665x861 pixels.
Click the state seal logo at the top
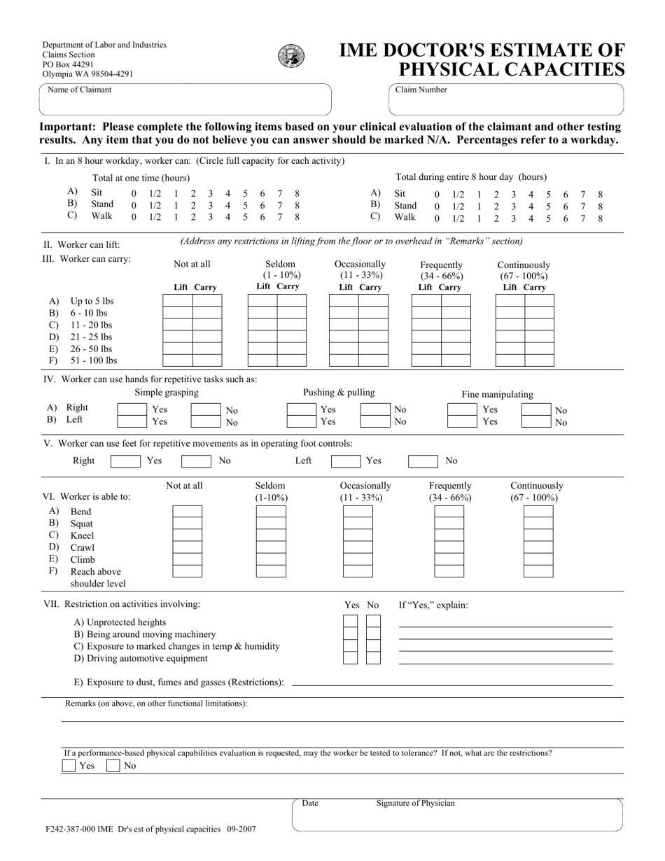[x=290, y=56]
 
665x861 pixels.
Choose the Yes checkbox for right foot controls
[x=125, y=461]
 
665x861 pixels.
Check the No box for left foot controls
[x=423, y=461]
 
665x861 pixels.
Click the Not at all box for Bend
[x=187, y=512]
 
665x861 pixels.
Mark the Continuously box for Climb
[x=538, y=559]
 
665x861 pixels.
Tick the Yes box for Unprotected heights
[x=350, y=622]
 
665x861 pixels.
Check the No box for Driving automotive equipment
[x=374, y=658]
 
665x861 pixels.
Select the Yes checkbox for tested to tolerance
[x=69, y=766]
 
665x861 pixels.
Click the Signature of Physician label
[x=415, y=804]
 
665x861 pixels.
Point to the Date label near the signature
[x=310, y=804]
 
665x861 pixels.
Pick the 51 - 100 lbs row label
[x=93, y=360]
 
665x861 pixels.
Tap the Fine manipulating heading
[x=497, y=394]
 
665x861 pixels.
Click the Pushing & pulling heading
[x=339, y=392]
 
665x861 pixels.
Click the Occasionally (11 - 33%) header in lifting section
[x=360, y=269]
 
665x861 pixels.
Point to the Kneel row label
[x=82, y=535]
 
